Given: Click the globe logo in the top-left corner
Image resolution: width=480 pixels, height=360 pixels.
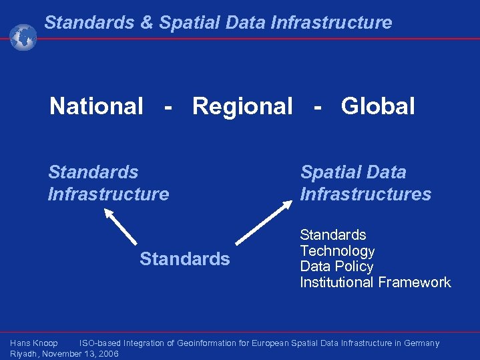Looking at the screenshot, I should point(23,37).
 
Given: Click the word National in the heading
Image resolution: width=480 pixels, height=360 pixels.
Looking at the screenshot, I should point(96,106).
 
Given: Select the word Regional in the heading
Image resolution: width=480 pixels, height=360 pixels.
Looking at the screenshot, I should point(242,106).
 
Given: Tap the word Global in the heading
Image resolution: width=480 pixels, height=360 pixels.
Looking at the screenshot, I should point(378,106).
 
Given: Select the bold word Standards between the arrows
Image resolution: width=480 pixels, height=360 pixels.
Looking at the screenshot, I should point(184,259).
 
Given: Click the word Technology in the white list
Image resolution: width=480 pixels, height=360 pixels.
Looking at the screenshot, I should point(337,251).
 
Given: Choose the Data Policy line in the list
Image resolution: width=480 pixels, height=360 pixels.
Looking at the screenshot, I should point(336,266).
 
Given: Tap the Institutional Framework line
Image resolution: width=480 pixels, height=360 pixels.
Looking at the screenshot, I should point(375,283).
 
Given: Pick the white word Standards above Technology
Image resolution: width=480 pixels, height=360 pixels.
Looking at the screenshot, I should point(332,235).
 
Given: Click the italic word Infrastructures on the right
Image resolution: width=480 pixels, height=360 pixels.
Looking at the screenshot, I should point(365,194).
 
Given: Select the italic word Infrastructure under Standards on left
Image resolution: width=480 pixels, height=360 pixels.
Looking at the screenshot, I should point(108,194).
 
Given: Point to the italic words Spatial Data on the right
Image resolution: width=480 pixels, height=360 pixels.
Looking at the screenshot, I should point(352,172).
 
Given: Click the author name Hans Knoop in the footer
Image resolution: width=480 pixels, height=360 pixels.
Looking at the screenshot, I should point(34,343).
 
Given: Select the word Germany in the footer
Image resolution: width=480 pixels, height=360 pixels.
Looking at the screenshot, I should point(421,343).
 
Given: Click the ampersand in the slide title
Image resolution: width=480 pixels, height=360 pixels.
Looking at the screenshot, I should point(146,23).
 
